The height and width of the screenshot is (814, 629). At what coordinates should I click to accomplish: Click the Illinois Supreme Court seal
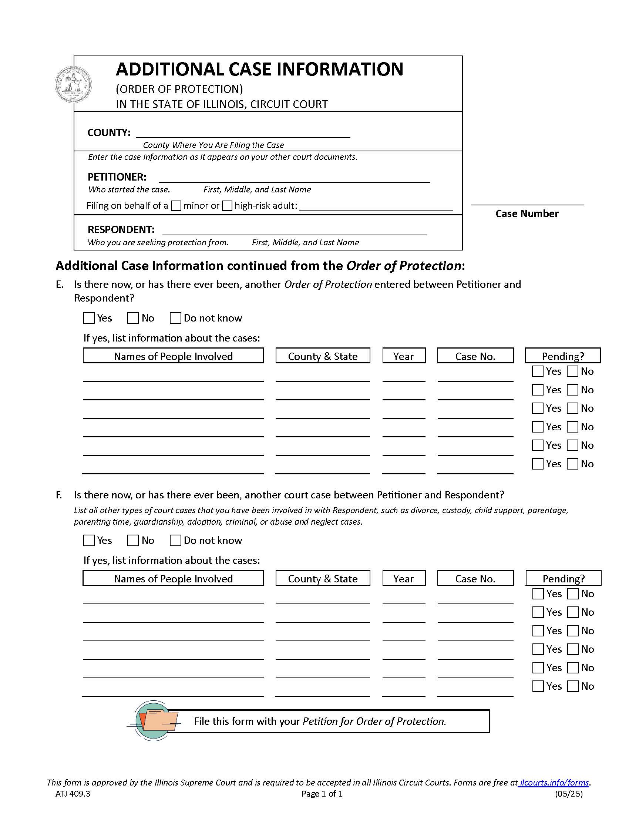point(73,85)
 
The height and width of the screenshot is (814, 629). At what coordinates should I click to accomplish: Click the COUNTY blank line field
point(243,133)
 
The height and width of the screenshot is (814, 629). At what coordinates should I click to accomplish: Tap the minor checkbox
point(176,206)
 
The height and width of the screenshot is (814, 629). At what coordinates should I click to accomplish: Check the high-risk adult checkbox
point(227,206)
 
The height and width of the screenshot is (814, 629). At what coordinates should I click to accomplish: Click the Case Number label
point(527,213)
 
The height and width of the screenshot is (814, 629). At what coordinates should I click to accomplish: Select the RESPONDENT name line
point(295,231)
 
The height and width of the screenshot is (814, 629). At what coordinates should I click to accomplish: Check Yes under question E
point(89,318)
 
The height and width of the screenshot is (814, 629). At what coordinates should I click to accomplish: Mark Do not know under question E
point(175,318)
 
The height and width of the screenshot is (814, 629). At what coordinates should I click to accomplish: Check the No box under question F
point(133,541)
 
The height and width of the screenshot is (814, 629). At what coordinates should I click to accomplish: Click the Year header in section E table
point(404,356)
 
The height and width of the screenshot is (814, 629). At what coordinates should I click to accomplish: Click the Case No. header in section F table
point(475,578)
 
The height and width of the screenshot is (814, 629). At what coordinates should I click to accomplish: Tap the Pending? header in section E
point(563,356)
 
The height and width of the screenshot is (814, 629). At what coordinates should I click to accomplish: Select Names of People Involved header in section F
point(173,578)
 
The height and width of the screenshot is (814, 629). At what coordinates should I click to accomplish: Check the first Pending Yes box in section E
point(537,371)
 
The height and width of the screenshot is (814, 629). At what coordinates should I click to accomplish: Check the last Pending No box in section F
point(573,686)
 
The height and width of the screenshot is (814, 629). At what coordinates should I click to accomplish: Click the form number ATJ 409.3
point(73,794)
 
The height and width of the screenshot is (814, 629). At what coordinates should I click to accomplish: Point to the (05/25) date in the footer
point(569,794)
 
